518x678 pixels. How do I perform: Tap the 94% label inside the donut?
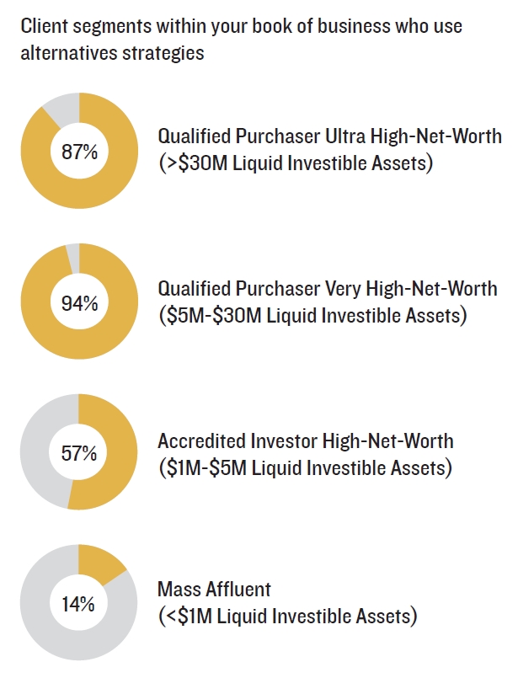coord(78,303)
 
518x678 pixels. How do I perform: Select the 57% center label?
coord(78,453)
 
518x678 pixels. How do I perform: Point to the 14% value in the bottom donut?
coord(78,604)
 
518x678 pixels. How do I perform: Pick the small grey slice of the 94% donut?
coord(73,256)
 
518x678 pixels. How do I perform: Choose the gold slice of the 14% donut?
coord(99,562)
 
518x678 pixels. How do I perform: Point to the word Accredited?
coord(199,441)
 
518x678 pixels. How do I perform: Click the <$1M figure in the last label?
coord(186,617)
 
